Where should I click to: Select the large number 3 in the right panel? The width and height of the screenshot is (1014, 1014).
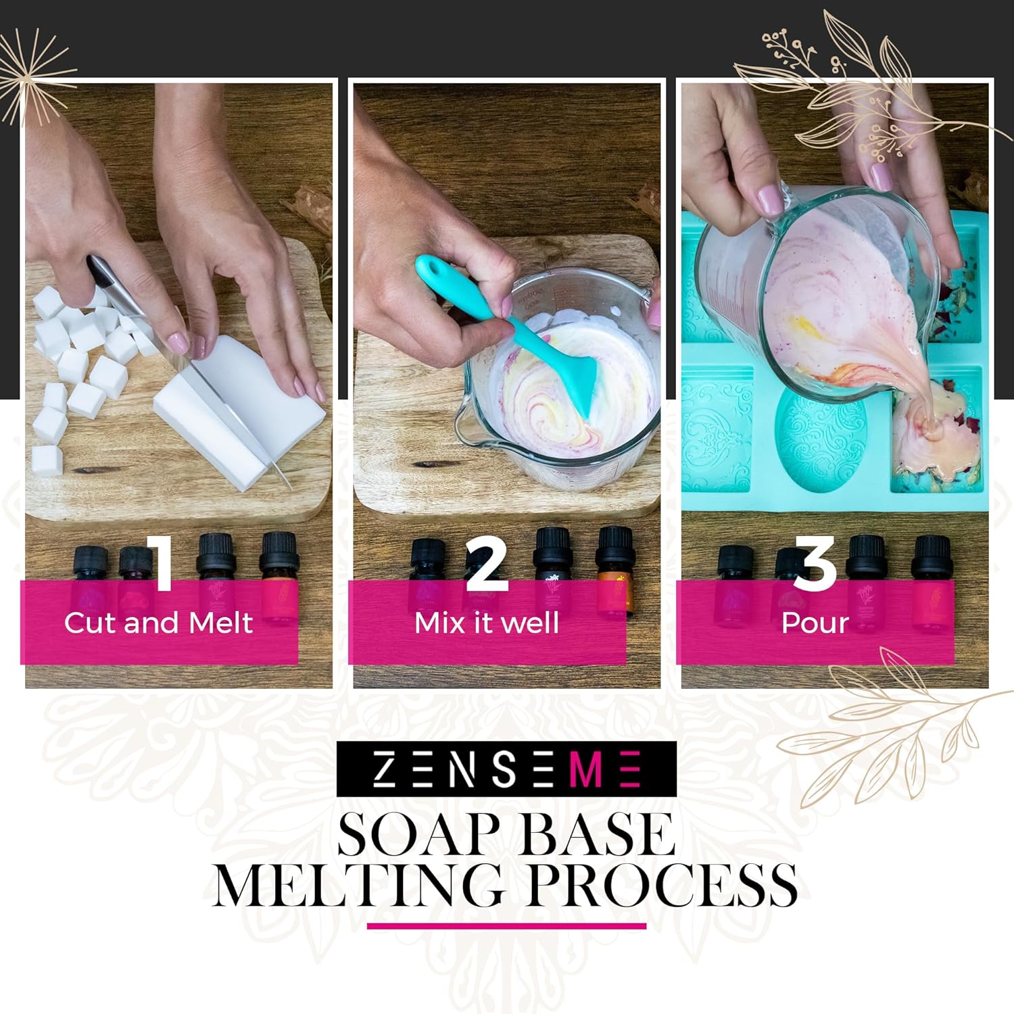pyautogui.click(x=815, y=560)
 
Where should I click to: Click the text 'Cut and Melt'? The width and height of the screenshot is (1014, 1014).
pyautogui.click(x=158, y=623)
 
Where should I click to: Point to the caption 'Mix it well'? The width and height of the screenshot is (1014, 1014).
pyautogui.click(x=487, y=623)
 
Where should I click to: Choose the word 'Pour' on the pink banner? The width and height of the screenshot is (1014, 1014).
pyautogui.click(x=815, y=623)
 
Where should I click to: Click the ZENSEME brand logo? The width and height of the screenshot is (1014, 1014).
pyautogui.click(x=506, y=769)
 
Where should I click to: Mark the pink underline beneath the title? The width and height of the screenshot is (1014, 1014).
pyautogui.click(x=506, y=926)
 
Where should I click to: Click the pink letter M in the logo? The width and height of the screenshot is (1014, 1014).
pyautogui.click(x=585, y=769)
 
